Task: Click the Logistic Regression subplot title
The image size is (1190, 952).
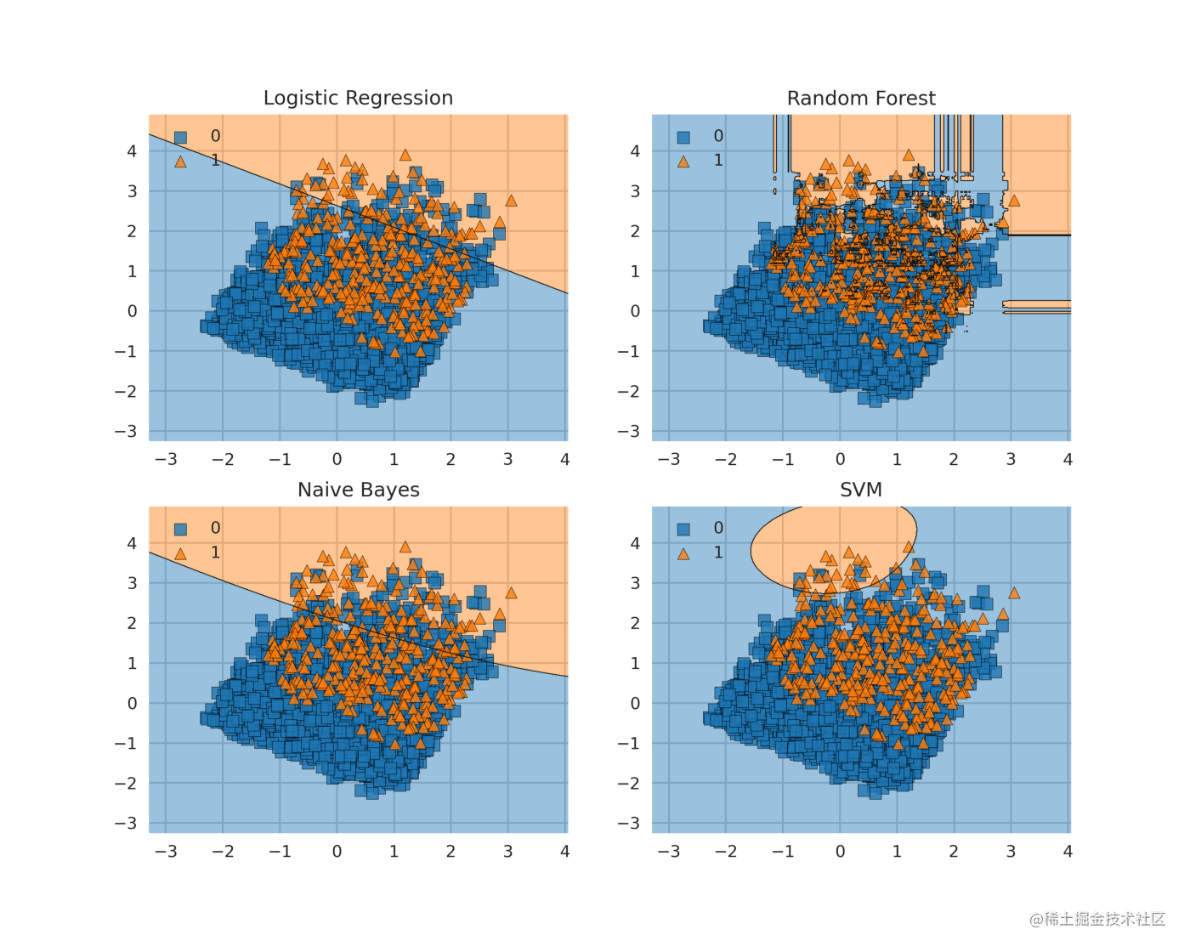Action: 358,98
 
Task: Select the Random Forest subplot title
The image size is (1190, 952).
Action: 861,98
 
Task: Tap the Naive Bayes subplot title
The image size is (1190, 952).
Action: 358,490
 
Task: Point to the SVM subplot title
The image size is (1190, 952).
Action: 861,490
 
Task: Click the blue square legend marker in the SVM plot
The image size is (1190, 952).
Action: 683,529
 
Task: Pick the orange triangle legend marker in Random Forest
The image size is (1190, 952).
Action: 683,161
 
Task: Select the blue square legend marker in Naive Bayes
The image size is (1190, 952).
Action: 180,529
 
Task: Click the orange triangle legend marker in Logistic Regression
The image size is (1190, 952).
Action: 180,161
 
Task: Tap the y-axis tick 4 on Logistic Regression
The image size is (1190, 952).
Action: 132,151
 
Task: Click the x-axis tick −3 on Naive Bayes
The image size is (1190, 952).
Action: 166,851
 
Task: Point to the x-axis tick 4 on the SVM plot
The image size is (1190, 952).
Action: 1068,851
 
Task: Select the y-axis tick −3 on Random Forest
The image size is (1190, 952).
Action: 629,431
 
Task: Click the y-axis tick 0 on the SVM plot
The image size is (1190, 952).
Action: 635,703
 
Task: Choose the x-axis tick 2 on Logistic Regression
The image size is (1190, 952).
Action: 450,459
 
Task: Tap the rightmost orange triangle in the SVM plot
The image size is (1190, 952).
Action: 1013,593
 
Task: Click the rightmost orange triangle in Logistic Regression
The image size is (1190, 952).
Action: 511,201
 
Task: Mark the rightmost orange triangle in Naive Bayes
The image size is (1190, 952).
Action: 511,593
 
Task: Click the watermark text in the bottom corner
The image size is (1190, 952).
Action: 1097,919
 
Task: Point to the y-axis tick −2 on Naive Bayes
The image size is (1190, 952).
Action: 126,783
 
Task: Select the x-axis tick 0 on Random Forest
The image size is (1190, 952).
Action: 840,459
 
